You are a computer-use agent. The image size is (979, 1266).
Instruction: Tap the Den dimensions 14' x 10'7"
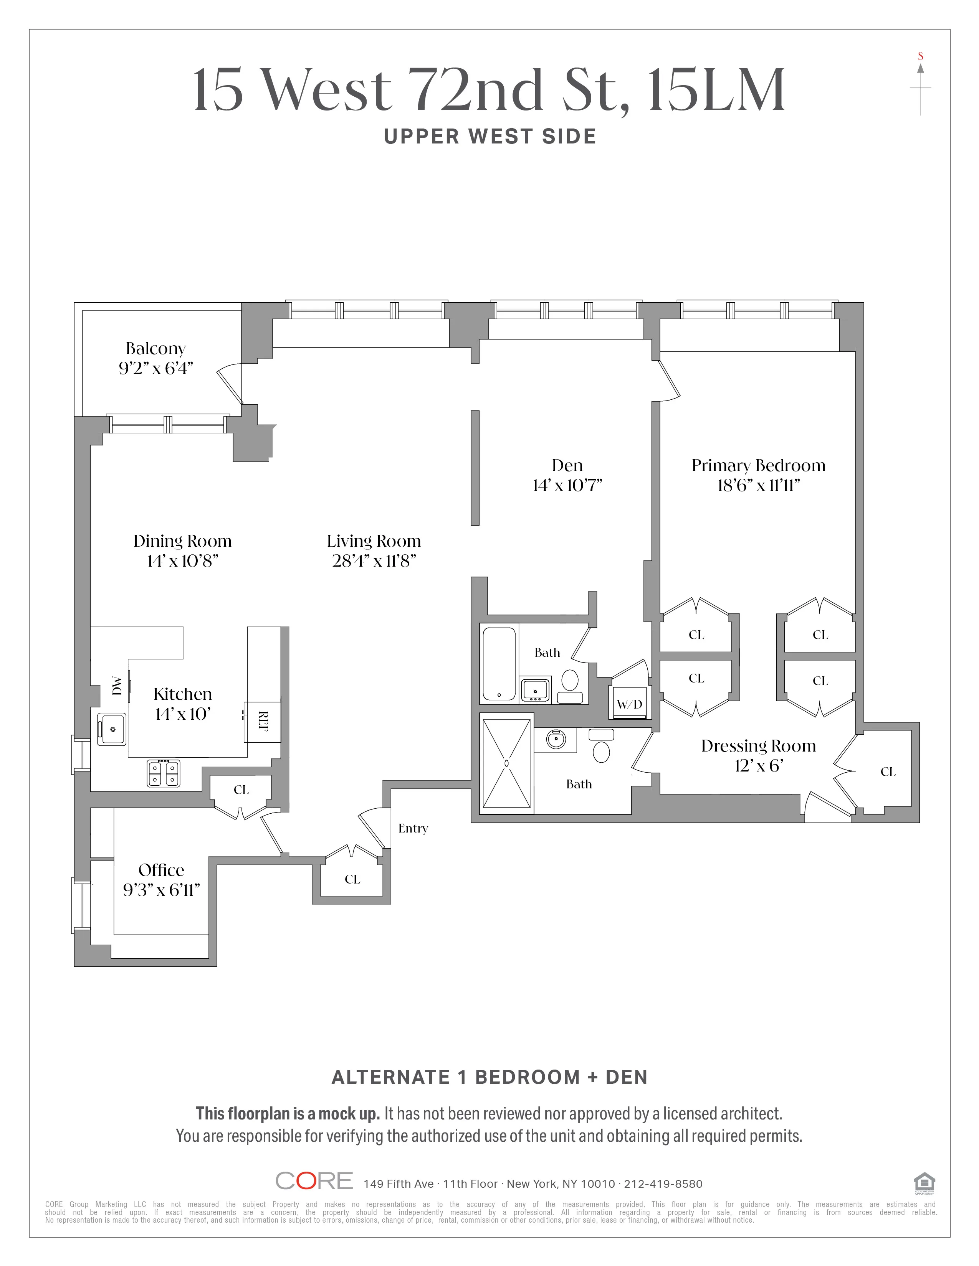tap(567, 486)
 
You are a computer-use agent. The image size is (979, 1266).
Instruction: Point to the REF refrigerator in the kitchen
tap(263, 722)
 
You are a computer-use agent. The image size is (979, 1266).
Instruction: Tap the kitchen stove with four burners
tap(164, 773)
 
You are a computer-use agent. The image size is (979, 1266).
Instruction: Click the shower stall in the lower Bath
tap(507, 763)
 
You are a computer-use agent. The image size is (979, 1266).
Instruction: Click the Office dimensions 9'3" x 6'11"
tap(161, 890)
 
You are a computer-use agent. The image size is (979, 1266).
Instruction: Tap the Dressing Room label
tap(758, 746)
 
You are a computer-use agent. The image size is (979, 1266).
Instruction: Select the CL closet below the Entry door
tap(352, 879)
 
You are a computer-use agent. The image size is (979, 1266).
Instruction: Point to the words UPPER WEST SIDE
tap(490, 137)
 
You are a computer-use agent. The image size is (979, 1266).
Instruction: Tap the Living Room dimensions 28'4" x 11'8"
tap(374, 561)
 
